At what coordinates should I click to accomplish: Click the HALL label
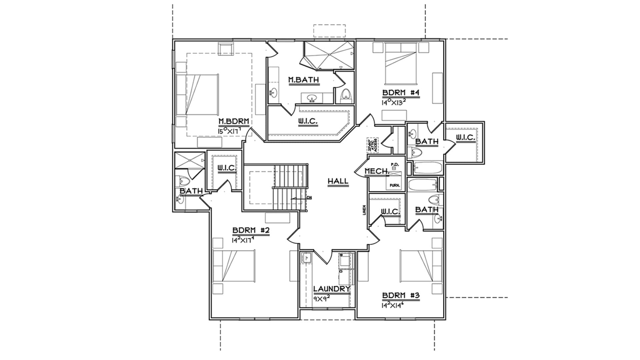pyautogui.click(x=338, y=181)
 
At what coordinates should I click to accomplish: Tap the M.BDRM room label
pyautogui.click(x=234, y=121)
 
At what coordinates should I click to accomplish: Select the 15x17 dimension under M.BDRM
pyautogui.click(x=229, y=131)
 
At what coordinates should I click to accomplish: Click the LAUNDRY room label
pyautogui.click(x=332, y=289)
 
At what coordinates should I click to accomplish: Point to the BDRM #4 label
pyautogui.click(x=400, y=93)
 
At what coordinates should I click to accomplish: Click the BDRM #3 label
pyautogui.click(x=401, y=295)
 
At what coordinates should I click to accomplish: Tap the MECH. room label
pyautogui.click(x=377, y=171)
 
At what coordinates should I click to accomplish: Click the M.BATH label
pyautogui.click(x=303, y=80)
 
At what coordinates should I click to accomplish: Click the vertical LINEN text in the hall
pyautogui.click(x=365, y=210)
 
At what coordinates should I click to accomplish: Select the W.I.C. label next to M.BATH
pyautogui.click(x=308, y=122)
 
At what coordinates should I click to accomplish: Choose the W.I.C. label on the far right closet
pyautogui.click(x=465, y=137)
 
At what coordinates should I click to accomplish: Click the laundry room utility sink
pyautogui.click(x=306, y=258)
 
